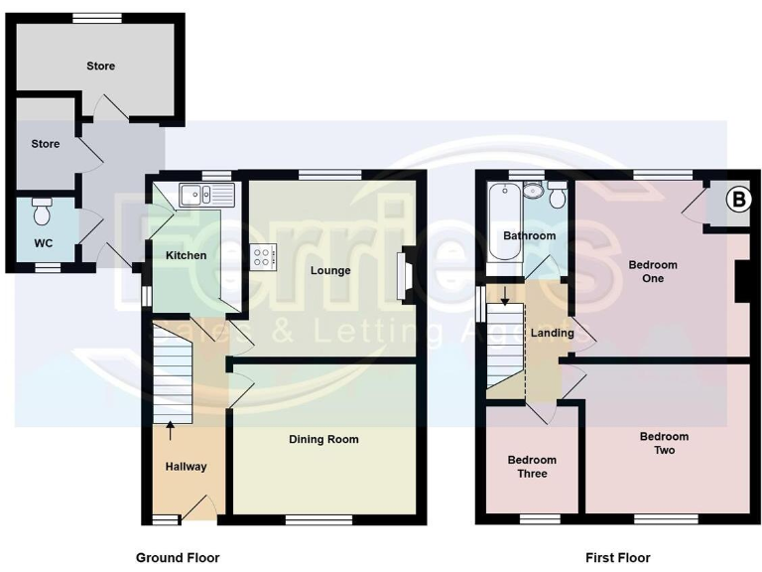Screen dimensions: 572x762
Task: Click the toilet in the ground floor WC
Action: point(43,212)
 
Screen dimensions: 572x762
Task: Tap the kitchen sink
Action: point(205,194)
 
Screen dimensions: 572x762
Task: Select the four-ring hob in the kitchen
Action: point(262,256)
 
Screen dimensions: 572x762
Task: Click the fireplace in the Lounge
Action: point(405,276)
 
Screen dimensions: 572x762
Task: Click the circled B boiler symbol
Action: point(737,200)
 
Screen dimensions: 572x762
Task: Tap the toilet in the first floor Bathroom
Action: point(557,196)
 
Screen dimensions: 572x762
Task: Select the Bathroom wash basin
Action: point(533,192)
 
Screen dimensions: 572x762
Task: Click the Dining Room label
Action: point(323,439)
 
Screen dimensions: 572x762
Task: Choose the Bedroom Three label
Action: point(532,467)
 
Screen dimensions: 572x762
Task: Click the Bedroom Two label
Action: point(664,443)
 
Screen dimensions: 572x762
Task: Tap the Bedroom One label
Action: point(652,271)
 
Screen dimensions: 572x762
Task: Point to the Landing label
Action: point(552,333)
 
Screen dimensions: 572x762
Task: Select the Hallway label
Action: point(186,466)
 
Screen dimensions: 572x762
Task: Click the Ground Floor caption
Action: point(178,558)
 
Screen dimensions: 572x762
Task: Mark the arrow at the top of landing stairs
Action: point(504,295)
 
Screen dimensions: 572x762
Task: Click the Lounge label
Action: point(329,270)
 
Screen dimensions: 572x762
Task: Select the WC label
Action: point(44,243)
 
